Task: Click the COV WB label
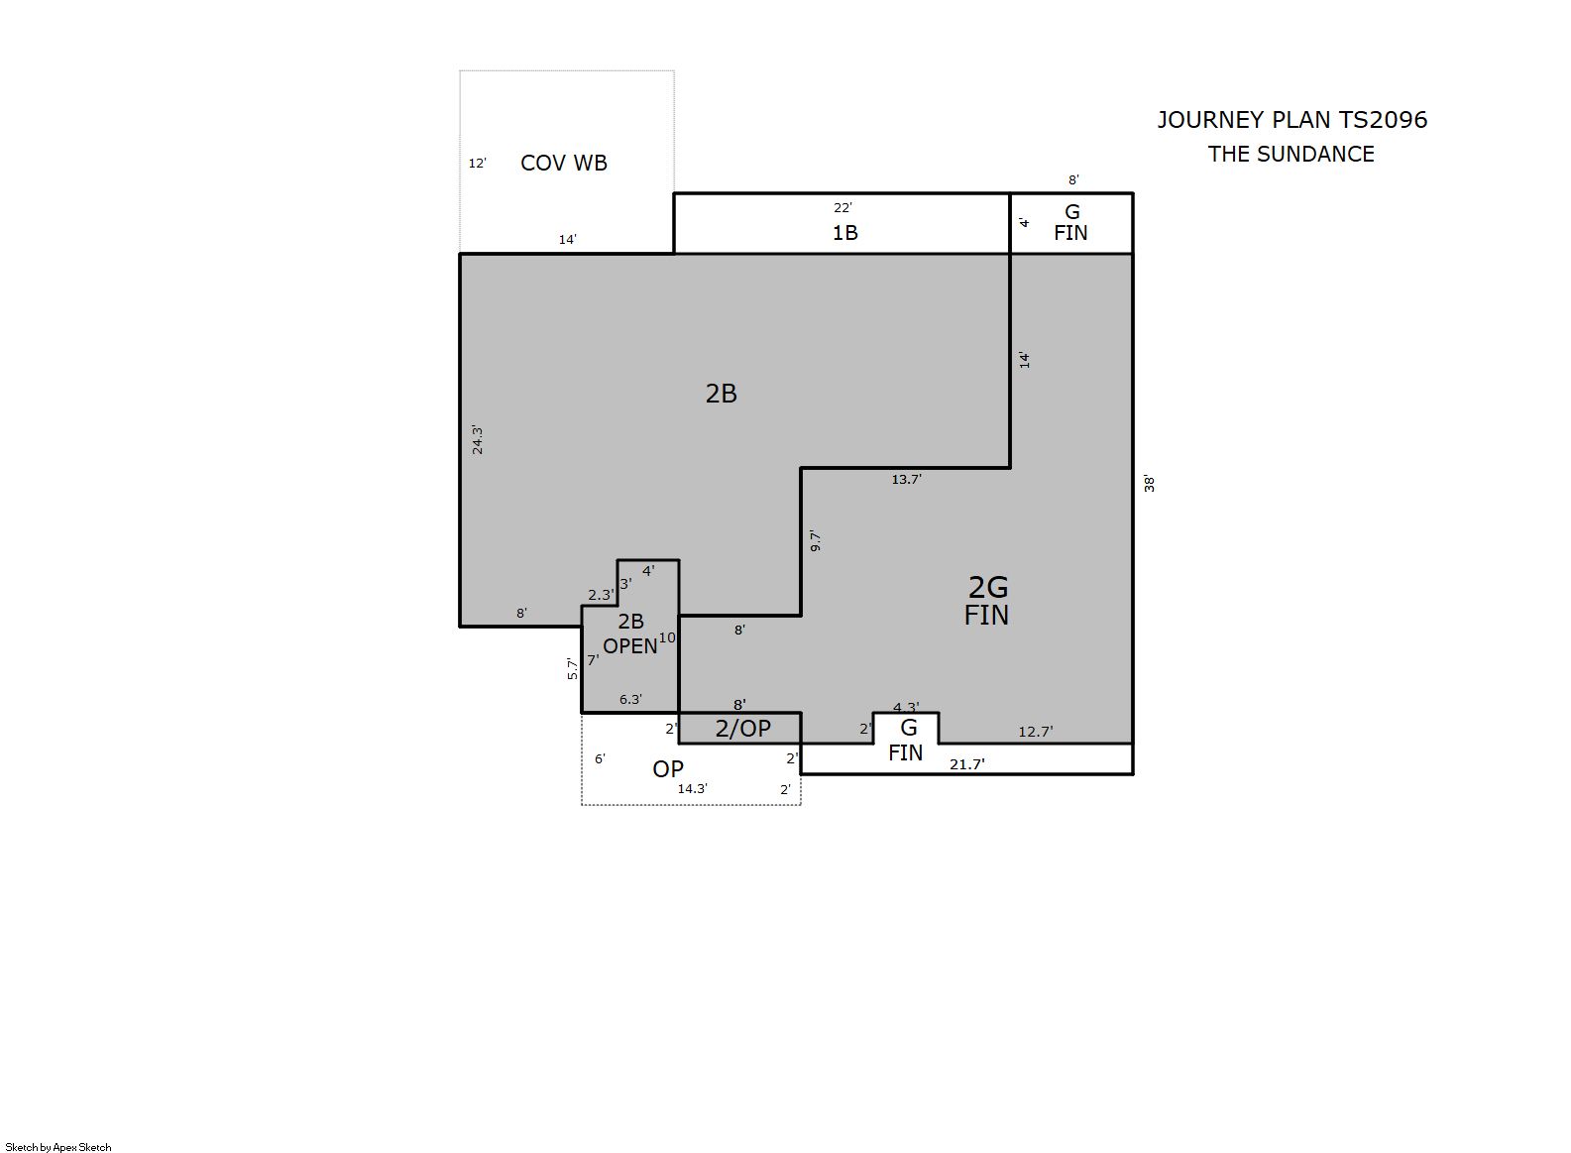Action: pyautogui.click(x=564, y=163)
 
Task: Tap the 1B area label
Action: pyautogui.click(x=845, y=232)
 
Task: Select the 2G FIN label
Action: pyautogui.click(x=987, y=601)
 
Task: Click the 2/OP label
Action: pyautogui.click(x=742, y=729)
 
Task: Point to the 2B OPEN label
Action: pyautogui.click(x=630, y=634)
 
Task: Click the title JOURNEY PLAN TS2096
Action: pyautogui.click(x=1291, y=120)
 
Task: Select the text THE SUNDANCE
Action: pyautogui.click(x=1291, y=154)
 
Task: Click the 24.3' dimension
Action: pyautogui.click(x=478, y=440)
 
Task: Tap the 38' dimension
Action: pyautogui.click(x=1149, y=483)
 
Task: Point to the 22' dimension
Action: pyautogui.click(x=842, y=207)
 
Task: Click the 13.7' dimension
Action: pyautogui.click(x=906, y=479)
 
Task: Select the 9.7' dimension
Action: pyautogui.click(x=815, y=540)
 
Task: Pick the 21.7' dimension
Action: pyautogui.click(x=967, y=764)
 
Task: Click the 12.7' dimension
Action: pyautogui.click(x=1035, y=732)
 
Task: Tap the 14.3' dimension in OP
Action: pyautogui.click(x=692, y=788)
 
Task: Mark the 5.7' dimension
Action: pyautogui.click(x=572, y=668)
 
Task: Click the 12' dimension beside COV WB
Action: pyautogui.click(x=477, y=164)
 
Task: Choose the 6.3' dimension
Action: pyautogui.click(x=630, y=699)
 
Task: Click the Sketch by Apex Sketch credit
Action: pyautogui.click(x=58, y=1147)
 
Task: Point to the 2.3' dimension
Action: pyautogui.click(x=601, y=595)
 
